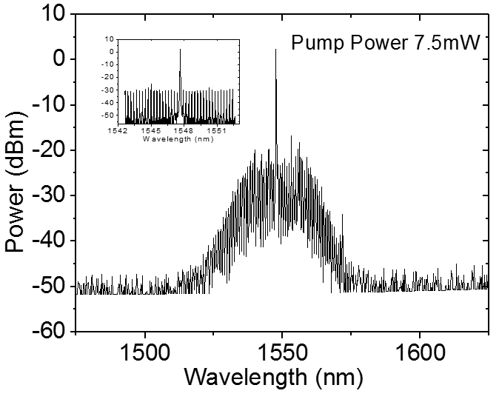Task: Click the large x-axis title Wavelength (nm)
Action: coord(273,379)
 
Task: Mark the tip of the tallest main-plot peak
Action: coord(276,50)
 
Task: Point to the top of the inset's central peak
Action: coord(180,50)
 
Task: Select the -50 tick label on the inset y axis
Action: coord(109,116)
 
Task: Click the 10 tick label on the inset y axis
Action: coord(111,39)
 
